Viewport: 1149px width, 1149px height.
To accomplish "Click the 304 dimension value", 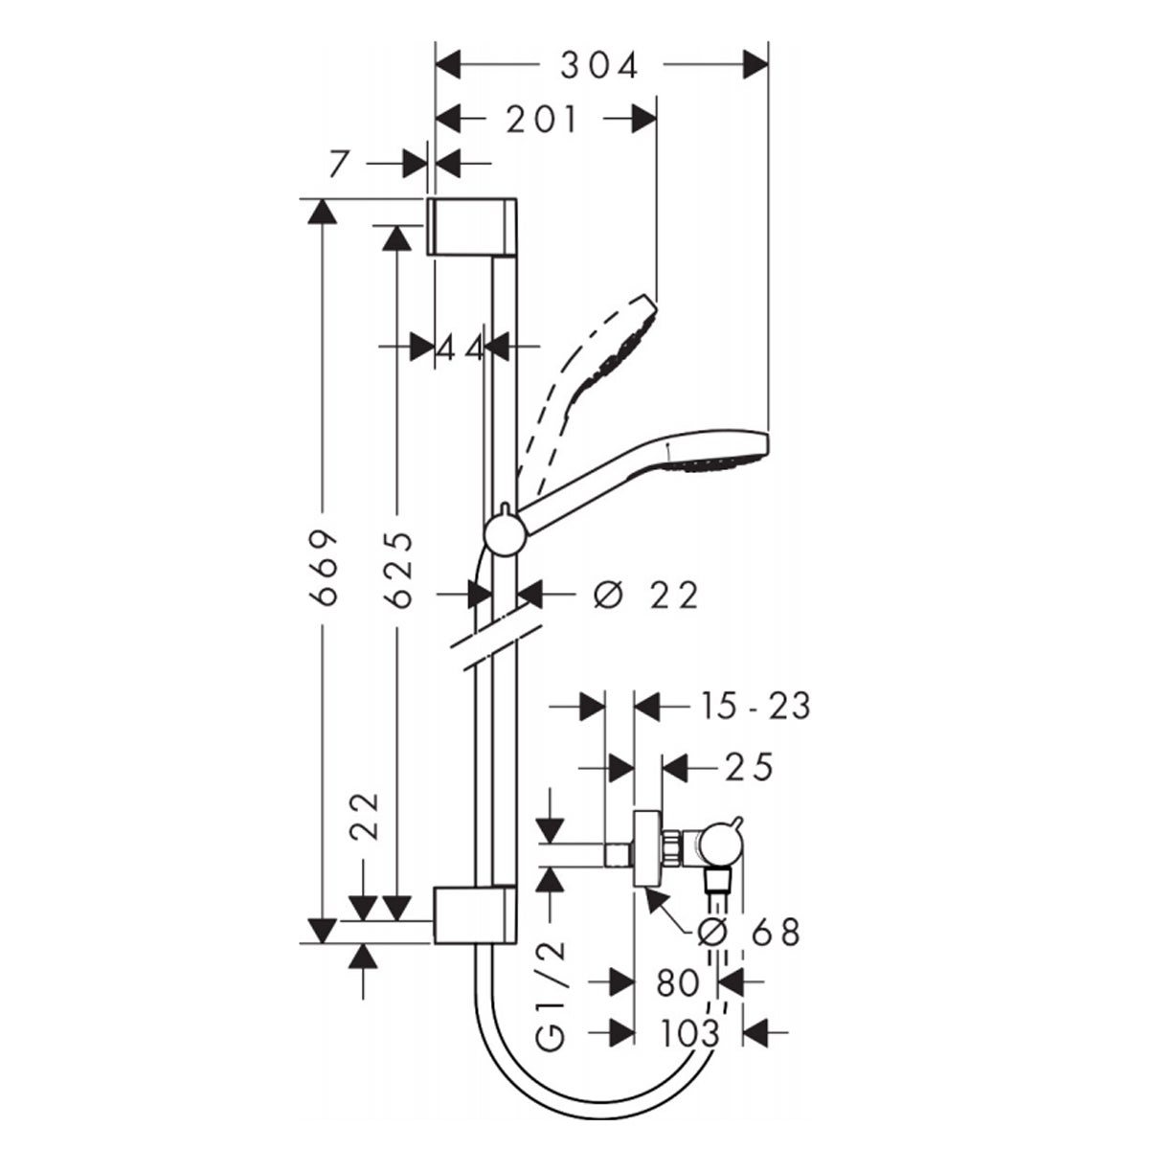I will tap(599, 65).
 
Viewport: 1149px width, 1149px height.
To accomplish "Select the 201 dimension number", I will tap(543, 120).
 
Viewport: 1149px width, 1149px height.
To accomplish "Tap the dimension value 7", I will tap(335, 165).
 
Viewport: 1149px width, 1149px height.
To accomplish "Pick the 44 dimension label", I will tap(461, 348).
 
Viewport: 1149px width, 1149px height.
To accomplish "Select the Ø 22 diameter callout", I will tap(646, 596).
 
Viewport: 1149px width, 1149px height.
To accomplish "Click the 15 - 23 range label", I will tap(753, 708).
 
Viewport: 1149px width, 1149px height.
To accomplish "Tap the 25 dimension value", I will tap(748, 768).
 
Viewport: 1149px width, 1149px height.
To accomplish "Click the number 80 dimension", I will tap(678, 982).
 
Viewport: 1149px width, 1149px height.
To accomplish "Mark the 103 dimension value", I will tap(688, 1033).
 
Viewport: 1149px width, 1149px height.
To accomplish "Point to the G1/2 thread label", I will tap(552, 996).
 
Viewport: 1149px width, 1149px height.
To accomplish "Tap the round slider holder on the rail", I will tap(504, 533).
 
